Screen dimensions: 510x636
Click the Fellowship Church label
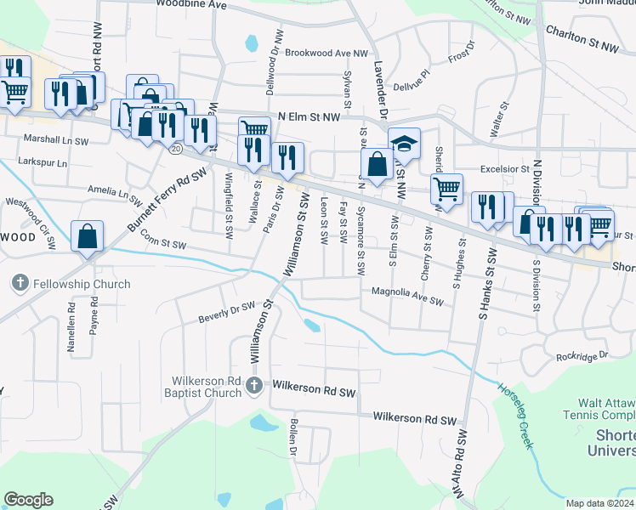tap(82, 284)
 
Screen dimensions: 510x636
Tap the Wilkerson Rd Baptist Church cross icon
tap(253, 388)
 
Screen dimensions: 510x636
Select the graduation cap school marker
tap(405, 144)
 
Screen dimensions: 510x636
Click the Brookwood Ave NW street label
tap(327, 53)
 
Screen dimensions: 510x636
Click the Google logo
tap(28, 500)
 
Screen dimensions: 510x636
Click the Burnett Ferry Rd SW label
tap(168, 201)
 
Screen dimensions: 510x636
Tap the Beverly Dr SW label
tap(226, 312)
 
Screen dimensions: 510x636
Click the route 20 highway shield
tap(175, 148)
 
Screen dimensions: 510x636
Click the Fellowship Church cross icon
tap(20, 283)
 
